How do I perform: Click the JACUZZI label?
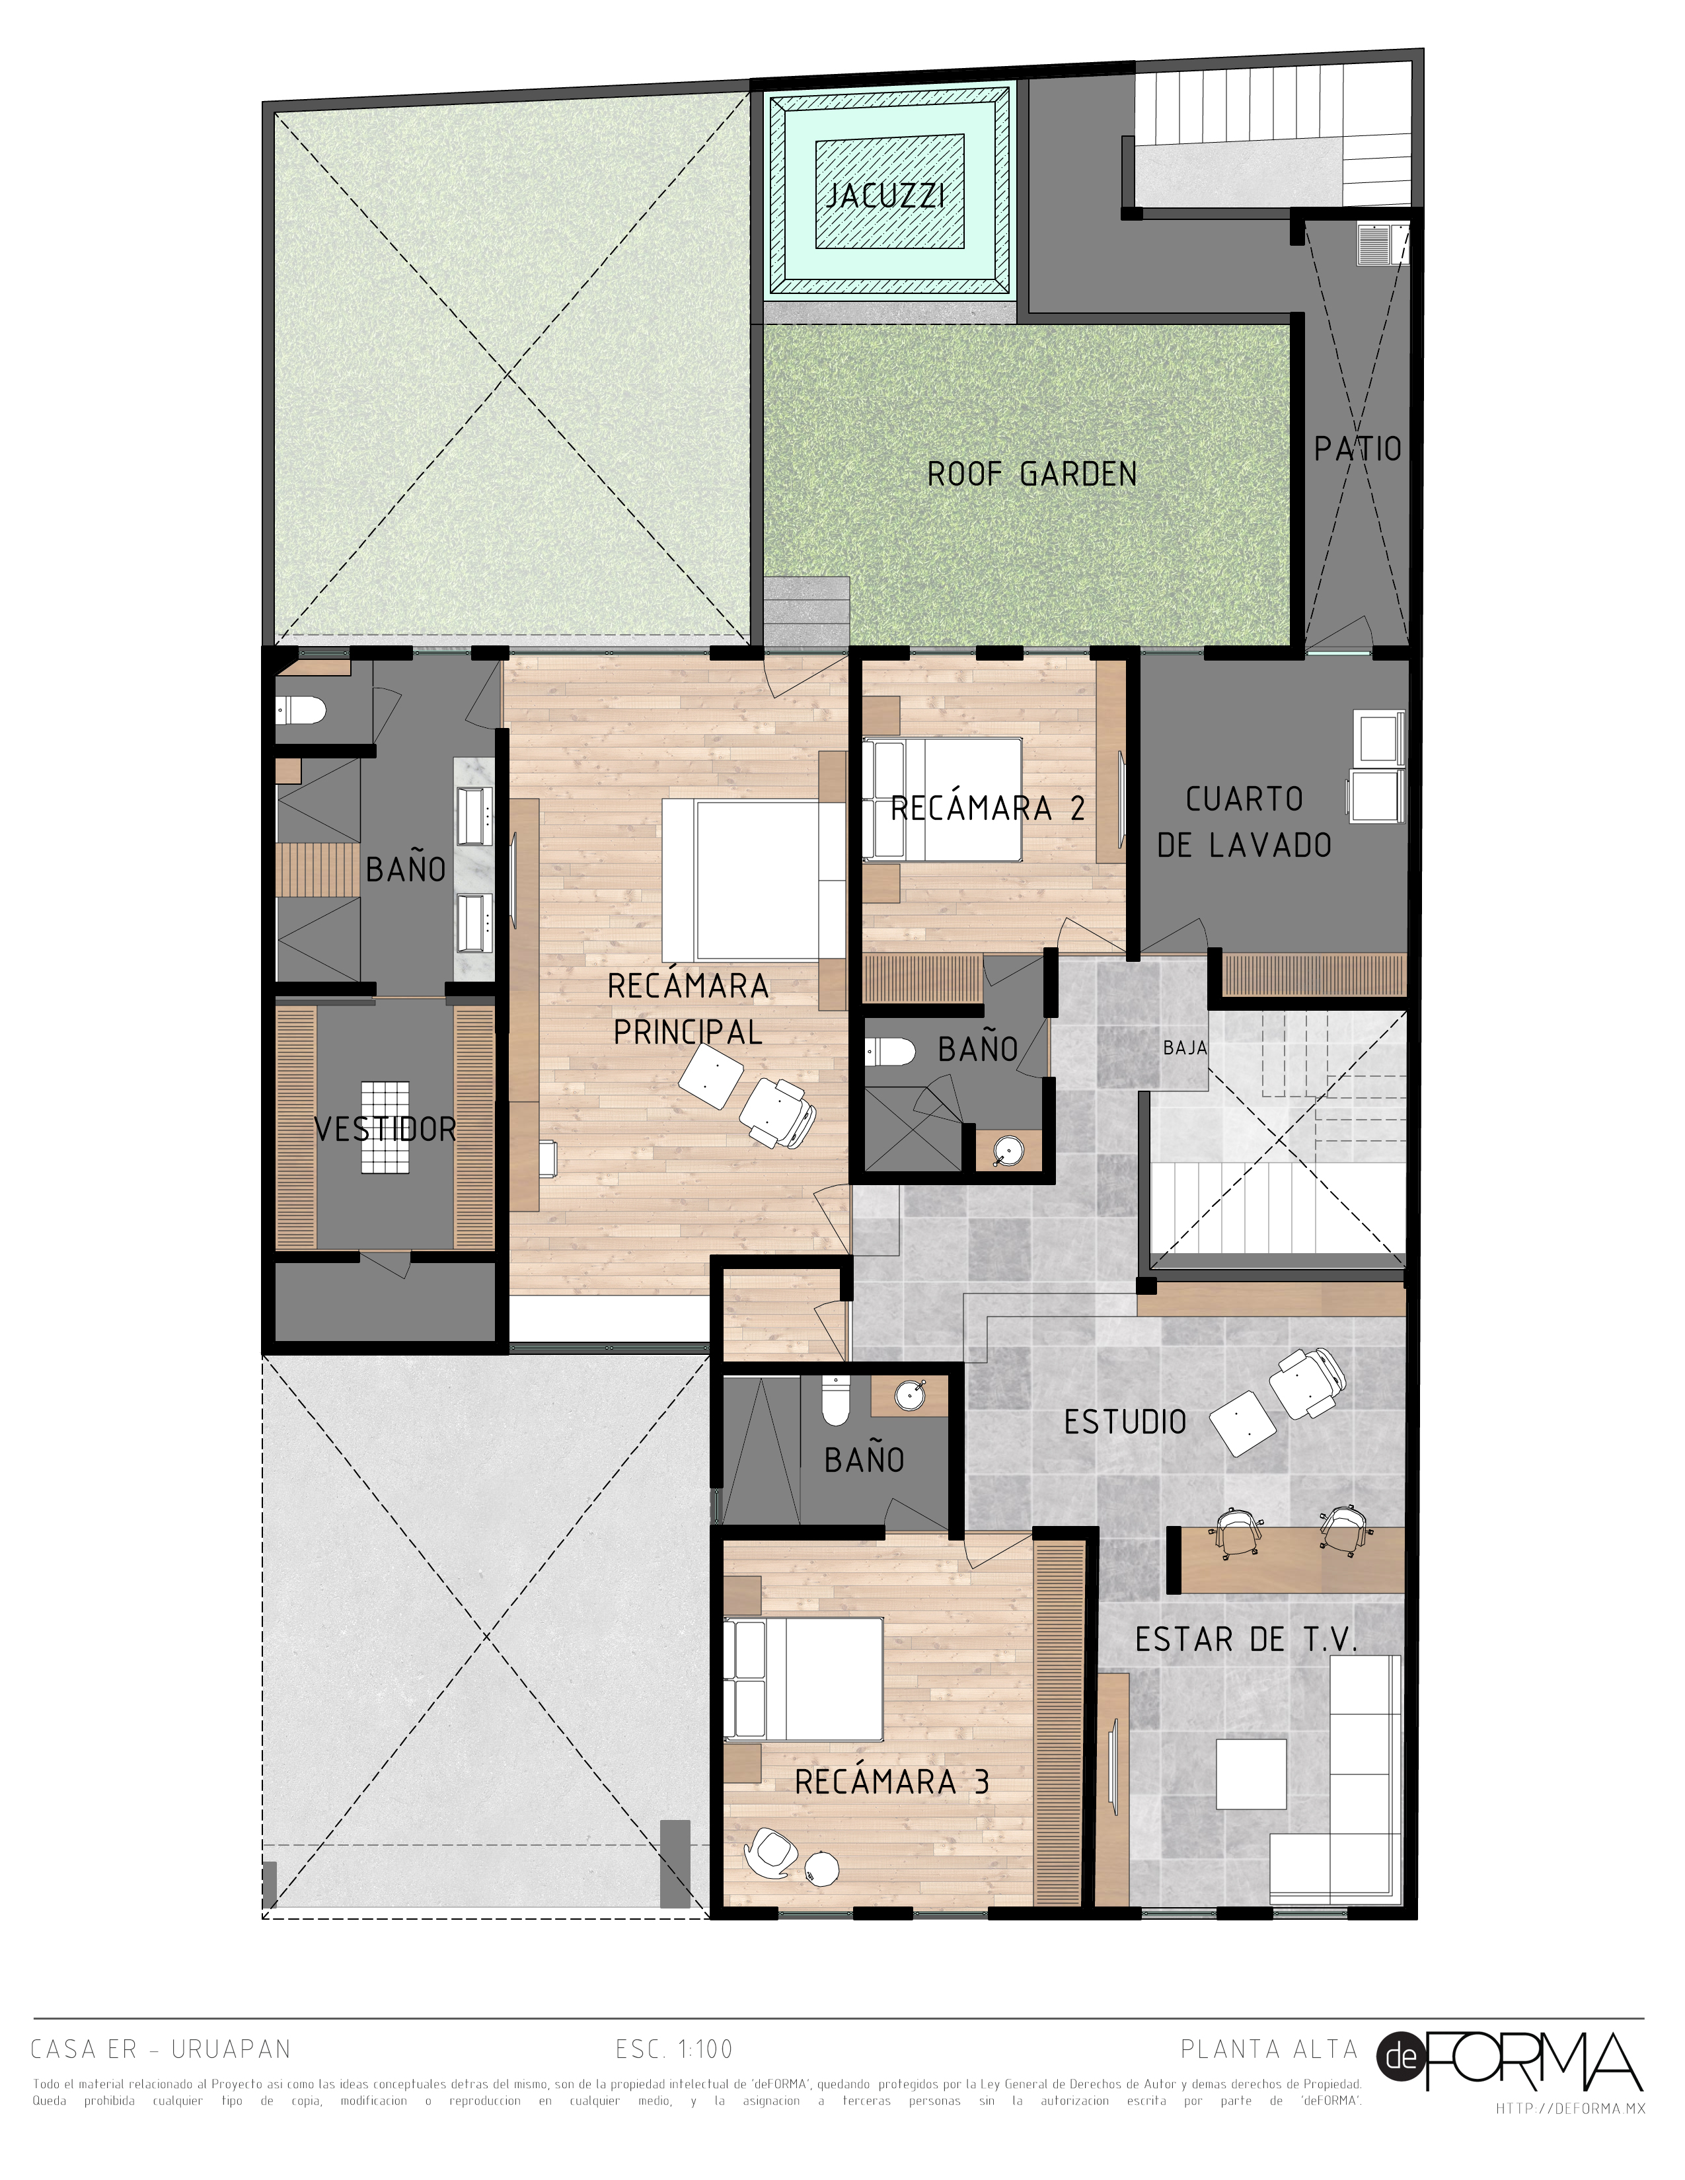(885, 196)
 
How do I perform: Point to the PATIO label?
(1358, 449)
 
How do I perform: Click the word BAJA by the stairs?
(1185, 1048)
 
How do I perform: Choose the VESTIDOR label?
(385, 1129)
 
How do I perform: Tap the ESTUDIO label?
(1125, 1422)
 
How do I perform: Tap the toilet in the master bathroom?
(301, 711)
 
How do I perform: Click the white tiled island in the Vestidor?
(385, 1128)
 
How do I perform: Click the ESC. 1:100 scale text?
(675, 2049)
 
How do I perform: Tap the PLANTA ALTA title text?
(1269, 2049)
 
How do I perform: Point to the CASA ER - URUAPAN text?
(161, 2049)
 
